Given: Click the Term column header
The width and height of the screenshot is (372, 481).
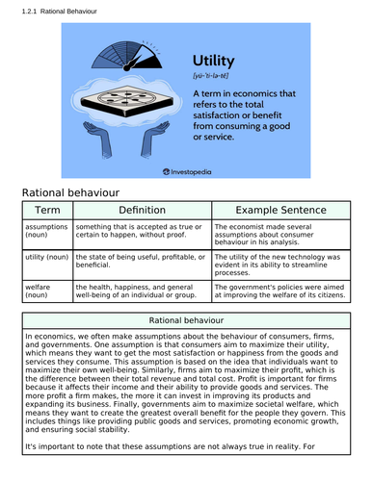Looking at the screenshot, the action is pyautogui.click(x=46, y=209).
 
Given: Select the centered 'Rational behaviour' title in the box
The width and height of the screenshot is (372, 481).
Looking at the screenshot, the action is pyautogui.click(x=186, y=319).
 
